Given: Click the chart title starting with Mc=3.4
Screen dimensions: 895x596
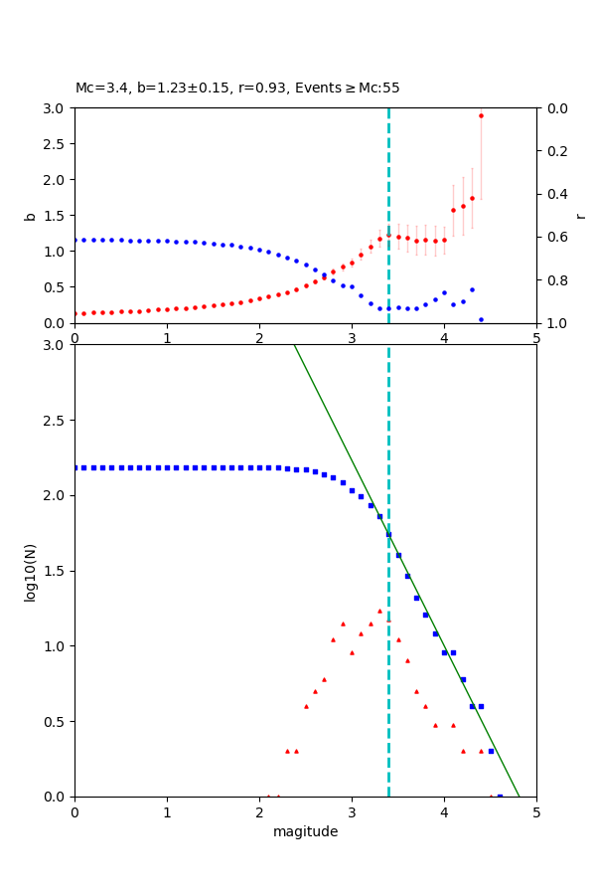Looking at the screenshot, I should click(237, 89).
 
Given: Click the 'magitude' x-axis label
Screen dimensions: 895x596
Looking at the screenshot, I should click(305, 832).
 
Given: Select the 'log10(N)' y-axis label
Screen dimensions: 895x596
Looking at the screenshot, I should click(30, 571).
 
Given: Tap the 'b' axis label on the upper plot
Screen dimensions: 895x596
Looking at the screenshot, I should click(30, 216).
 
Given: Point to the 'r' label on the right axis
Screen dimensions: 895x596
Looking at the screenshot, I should click(580, 216).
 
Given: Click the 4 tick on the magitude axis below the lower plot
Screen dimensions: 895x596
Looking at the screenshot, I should click(444, 812).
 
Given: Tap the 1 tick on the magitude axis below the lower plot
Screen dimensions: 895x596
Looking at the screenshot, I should click(167, 812).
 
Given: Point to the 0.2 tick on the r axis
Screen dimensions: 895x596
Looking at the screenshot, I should click(557, 151).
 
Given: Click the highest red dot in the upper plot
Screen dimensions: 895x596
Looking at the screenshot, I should click(481, 115).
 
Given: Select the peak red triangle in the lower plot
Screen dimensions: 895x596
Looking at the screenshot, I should click(379, 611).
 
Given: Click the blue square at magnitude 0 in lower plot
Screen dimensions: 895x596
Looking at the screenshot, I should click(74, 467).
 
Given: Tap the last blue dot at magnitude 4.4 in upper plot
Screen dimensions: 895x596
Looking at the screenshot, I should click(481, 319).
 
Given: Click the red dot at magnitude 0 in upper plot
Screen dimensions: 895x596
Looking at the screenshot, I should click(74, 313).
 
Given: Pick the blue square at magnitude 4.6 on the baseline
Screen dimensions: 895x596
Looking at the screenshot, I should click(500, 797).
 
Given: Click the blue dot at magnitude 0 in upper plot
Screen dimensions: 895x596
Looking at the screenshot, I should click(74, 240).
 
